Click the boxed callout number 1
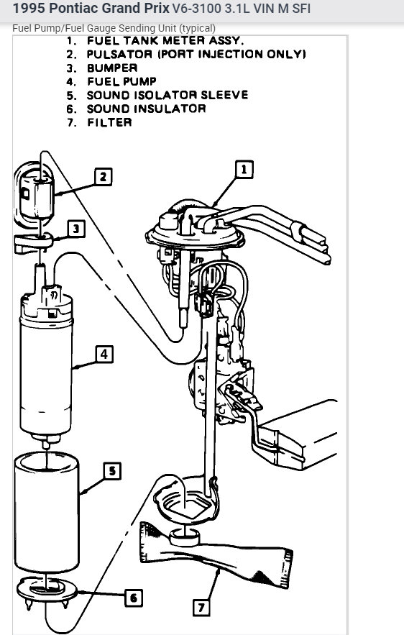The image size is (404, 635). (244, 169)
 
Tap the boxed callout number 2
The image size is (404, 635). (104, 177)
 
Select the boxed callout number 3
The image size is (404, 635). (75, 229)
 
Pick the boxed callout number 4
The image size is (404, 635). (104, 355)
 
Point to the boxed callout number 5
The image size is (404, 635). (112, 470)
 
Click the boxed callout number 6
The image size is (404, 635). (134, 598)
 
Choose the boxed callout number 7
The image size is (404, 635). (201, 608)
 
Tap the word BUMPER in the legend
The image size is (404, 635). (112, 68)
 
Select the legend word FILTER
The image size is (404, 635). (109, 122)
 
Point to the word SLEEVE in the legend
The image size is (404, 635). (224, 95)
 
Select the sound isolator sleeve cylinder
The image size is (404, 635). (47, 512)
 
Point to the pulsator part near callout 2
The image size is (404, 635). (38, 196)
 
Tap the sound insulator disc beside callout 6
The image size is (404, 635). (47, 590)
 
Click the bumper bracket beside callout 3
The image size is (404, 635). (33, 243)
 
